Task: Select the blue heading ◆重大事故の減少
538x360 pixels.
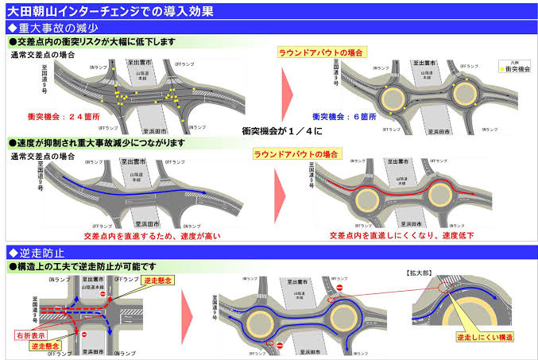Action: (x=52, y=28)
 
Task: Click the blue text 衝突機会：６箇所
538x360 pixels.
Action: (x=344, y=115)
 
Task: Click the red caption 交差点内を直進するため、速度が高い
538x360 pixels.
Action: (x=151, y=236)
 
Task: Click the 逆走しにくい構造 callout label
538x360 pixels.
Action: (x=488, y=338)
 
